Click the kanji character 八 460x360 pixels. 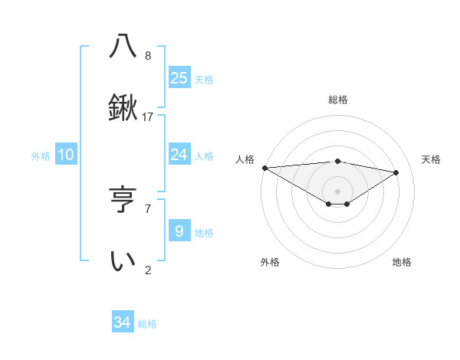pyautogui.click(x=123, y=46)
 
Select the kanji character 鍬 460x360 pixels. pyautogui.click(x=123, y=108)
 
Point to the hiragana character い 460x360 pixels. pyautogui.click(x=123, y=261)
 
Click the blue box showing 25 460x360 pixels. pyautogui.click(x=179, y=77)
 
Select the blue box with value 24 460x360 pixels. pyautogui.click(x=179, y=155)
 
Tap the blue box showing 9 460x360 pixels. pyautogui.click(x=179, y=231)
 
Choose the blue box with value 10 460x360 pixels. pyautogui.click(x=66, y=155)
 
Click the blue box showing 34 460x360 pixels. pyautogui.click(x=123, y=322)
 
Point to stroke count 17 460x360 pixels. pyautogui.click(x=149, y=117)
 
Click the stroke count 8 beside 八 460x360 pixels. pyautogui.click(x=148, y=56)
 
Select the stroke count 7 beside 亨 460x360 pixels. pyautogui.click(x=148, y=208)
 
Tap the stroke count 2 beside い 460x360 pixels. pyautogui.click(x=148, y=270)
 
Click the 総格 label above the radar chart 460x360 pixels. pyautogui.click(x=338, y=100)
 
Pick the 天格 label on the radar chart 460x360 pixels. pyautogui.click(x=432, y=159)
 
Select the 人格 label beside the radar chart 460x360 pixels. pyautogui.click(x=245, y=159)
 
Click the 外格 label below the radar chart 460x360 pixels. pyautogui.click(x=270, y=262)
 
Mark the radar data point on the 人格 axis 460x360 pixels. pyautogui.click(x=264, y=168)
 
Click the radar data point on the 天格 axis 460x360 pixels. pyautogui.click(x=396, y=172)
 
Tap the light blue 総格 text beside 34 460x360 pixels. pyautogui.click(x=147, y=324)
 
